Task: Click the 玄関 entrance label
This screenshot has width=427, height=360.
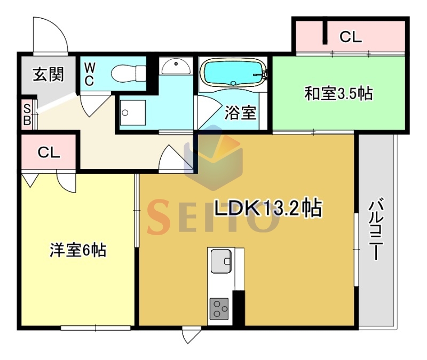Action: [x=48, y=75]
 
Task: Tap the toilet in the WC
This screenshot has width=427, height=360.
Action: [x=129, y=73]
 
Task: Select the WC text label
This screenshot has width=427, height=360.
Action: [x=90, y=74]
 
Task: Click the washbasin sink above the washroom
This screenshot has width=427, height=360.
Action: [x=176, y=66]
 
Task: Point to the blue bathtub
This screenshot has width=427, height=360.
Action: [x=233, y=72]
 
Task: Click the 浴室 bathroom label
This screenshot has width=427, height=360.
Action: [x=240, y=113]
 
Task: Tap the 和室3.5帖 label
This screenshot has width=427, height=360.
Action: [x=338, y=93]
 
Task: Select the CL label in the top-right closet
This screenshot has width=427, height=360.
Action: [x=351, y=37]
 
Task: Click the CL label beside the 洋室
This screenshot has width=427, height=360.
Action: [x=49, y=153]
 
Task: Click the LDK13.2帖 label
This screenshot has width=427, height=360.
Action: [x=268, y=208]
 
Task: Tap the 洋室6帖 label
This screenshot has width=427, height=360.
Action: [x=78, y=250]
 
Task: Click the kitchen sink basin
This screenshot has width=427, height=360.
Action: [x=221, y=261]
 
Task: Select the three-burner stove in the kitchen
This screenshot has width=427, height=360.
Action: [x=219, y=309]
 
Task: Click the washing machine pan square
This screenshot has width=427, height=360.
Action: [x=132, y=113]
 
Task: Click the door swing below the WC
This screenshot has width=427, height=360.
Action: [x=96, y=105]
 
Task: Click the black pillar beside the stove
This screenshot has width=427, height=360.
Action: [x=239, y=308]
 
